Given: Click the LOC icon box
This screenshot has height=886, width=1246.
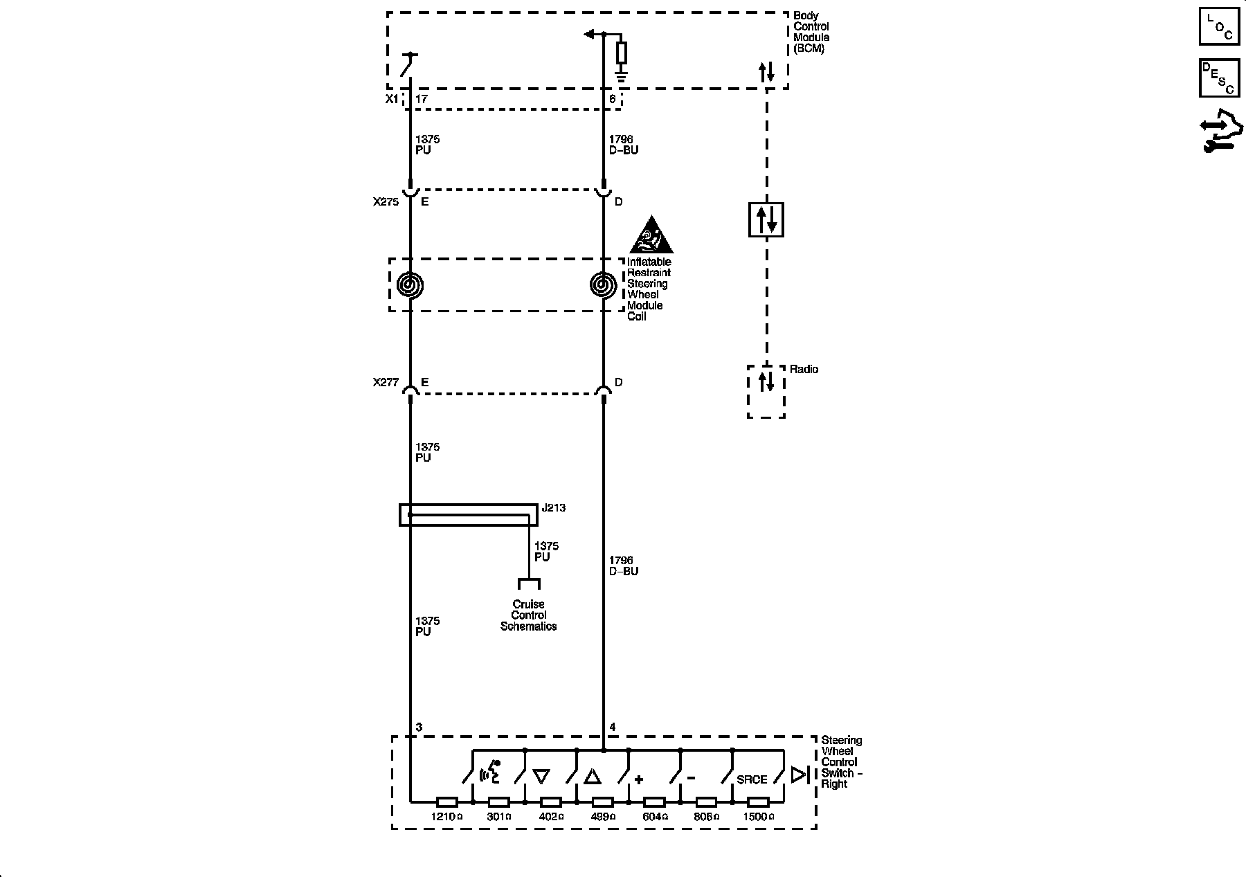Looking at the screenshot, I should pos(1219,27).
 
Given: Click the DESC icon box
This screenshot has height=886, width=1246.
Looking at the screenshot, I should pos(1219,78).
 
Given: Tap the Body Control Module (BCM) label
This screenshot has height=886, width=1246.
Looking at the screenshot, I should pos(811,32).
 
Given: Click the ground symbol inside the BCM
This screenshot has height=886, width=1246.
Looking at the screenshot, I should pos(621,69).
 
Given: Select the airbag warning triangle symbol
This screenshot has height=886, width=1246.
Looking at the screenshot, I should pos(651,236).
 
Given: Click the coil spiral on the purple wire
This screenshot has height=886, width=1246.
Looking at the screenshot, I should pos(410,284).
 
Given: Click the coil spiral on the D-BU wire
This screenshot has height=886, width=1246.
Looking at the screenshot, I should pos(603,284).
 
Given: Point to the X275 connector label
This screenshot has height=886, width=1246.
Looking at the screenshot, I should pos(386,202).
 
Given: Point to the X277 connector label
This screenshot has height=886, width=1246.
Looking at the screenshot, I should pos(386,382).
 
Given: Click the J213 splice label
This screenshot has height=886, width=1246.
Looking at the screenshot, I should pos(553,507).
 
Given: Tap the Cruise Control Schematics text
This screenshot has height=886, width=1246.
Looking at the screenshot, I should pos(528,615).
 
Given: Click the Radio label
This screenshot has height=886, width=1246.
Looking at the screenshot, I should pos(804,370).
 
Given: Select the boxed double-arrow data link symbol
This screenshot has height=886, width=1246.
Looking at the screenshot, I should pos(766,219).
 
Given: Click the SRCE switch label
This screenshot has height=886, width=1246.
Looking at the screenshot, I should pos(752,779).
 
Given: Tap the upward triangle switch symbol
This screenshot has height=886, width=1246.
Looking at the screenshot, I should pos(593,777).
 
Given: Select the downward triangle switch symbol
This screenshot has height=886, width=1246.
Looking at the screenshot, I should pos(541,777).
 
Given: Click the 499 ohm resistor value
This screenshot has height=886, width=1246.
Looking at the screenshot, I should pos(602,817).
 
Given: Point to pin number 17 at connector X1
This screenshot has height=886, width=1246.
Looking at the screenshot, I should pos(421,99).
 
